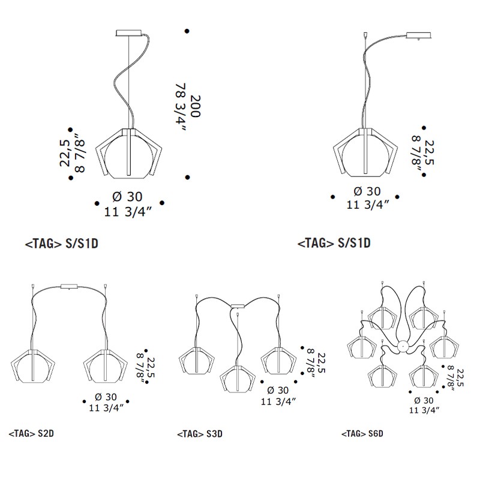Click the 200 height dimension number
click(x=196, y=106)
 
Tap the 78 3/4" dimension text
click(x=181, y=107)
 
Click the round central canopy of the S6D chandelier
click(x=403, y=347)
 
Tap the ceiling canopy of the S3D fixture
click(x=238, y=306)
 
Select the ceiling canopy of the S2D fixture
click(x=70, y=287)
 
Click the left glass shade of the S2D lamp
click(x=33, y=365)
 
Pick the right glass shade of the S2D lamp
click(x=106, y=365)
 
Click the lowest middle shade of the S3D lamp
click(x=238, y=379)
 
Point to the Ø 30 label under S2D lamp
click(x=106, y=397)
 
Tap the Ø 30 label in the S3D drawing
click(x=278, y=391)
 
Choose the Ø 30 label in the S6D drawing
click(x=424, y=400)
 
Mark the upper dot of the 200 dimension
click(x=187, y=31)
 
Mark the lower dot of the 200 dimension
click(x=188, y=177)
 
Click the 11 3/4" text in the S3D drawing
click(x=278, y=401)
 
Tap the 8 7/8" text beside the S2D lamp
click(x=141, y=368)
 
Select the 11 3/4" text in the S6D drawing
click(x=424, y=410)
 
